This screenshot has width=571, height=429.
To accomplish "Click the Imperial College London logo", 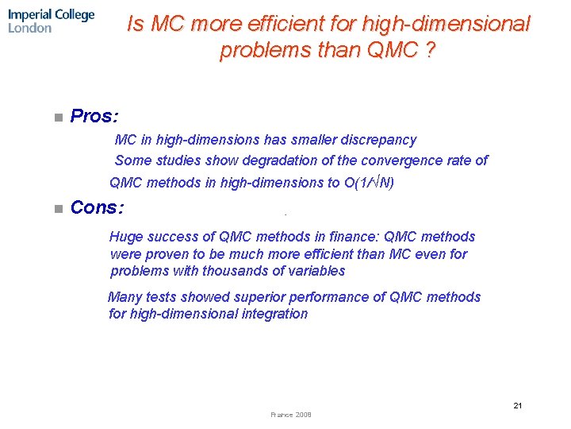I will [x=52, y=21].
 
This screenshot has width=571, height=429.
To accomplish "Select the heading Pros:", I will [x=94, y=117].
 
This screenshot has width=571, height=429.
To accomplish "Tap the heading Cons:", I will [x=97, y=208].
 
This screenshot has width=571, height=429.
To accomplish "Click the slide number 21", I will [x=517, y=405].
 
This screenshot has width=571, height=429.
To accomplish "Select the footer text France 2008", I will [x=291, y=415].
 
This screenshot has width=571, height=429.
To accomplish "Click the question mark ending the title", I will [x=429, y=50].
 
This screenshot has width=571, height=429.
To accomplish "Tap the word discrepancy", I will [x=378, y=140].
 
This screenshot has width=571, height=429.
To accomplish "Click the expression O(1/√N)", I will [x=369, y=184].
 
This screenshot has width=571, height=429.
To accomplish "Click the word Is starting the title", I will [x=136, y=25].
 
